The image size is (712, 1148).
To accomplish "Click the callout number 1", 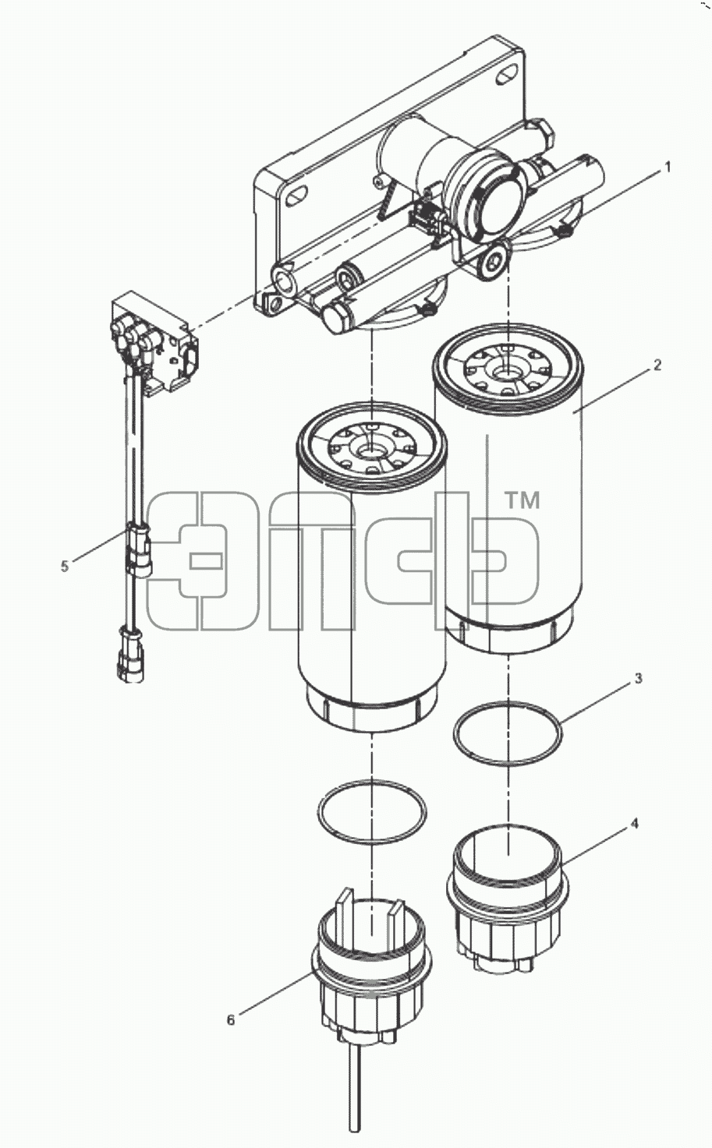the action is [x=667, y=167].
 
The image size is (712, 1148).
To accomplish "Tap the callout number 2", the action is [x=657, y=365].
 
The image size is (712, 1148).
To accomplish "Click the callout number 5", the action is [x=64, y=567].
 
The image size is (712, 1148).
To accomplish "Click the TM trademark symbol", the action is [x=522, y=500].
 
